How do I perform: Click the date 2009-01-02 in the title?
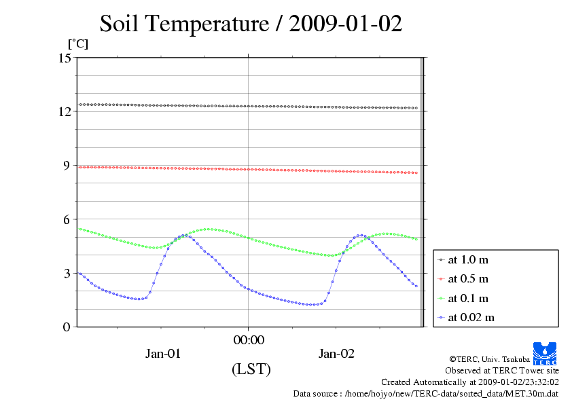point(346,24)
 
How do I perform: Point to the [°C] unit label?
point(77,44)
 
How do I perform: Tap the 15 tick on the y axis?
point(65,58)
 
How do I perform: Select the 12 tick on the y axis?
point(65,111)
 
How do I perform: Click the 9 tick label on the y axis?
point(67,165)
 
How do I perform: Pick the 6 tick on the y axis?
point(67,219)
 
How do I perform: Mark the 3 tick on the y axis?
point(67,273)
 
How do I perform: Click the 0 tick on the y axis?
point(67,327)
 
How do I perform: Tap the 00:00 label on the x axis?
point(248,339)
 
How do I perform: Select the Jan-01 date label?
point(163,353)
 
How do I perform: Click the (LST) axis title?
point(251,369)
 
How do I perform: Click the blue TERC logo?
point(545,352)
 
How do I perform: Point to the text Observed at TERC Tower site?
point(502,371)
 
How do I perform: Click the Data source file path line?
point(425,393)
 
